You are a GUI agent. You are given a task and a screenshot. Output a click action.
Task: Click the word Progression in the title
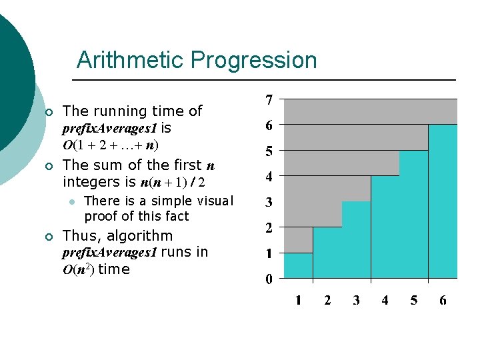[253, 60]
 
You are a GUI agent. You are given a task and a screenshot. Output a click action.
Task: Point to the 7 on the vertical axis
[269, 100]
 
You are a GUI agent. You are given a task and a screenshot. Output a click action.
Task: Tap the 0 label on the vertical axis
[269, 279]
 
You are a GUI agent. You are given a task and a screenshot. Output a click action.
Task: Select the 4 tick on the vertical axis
[269, 177]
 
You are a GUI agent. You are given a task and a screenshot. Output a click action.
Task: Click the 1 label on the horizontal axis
[298, 301]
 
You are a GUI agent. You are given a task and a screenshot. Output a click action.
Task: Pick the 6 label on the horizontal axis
[443, 301]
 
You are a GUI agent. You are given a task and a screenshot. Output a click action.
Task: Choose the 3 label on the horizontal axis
[356, 301]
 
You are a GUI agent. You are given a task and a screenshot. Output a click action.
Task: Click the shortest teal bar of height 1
[298, 265]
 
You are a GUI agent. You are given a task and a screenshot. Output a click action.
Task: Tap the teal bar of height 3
[356, 239]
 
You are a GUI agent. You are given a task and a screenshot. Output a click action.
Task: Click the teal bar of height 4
[385, 227]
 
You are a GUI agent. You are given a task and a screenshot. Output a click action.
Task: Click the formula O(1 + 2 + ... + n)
[111, 145]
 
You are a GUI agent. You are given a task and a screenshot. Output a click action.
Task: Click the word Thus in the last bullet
[79, 236]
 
